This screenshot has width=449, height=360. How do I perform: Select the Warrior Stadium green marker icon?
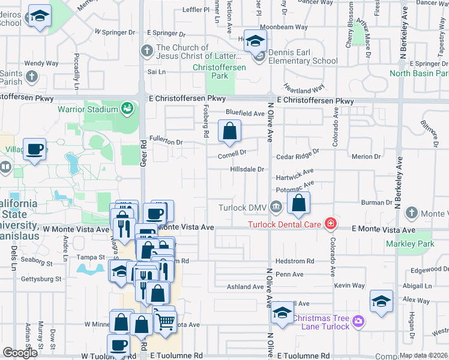pos(127,109)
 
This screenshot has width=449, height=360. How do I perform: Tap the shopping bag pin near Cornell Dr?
pos(229,131)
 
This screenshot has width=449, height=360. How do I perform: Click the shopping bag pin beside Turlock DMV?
pos(298,203)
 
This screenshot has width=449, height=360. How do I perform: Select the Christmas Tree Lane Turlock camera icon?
pos(359,322)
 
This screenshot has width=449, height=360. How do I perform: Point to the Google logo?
pos(20,353)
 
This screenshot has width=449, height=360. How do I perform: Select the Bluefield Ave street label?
pos(245,113)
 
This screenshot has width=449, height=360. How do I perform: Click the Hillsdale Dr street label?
pos(247,169)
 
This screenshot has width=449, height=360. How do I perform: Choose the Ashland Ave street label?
pos(245,287)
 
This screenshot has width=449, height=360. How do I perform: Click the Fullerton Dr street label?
pos(166,142)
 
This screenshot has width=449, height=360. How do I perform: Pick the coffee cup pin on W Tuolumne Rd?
pos(118,346)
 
